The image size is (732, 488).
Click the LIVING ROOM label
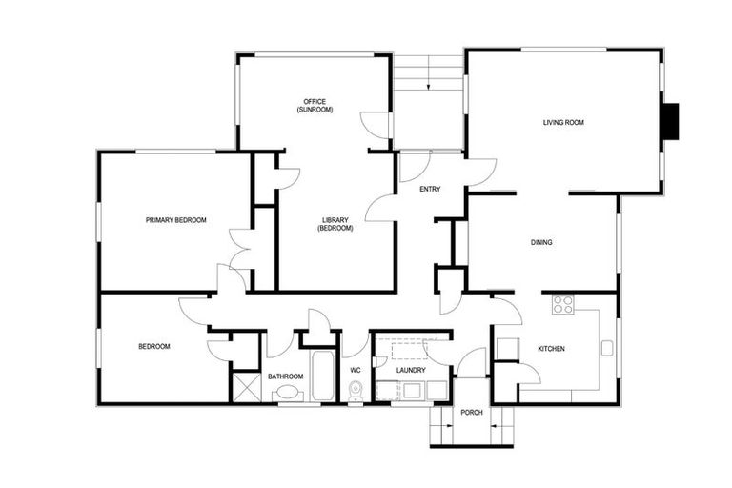click(x=562, y=122)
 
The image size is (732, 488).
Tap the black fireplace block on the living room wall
click(x=672, y=121)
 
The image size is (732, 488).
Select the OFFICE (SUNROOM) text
click(x=314, y=106)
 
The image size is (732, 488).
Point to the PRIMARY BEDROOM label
click(x=175, y=220)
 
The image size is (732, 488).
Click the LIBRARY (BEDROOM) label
click(x=335, y=224)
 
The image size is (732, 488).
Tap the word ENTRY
click(x=430, y=189)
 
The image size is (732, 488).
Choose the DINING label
click(x=541, y=243)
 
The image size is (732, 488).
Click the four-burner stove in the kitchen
click(x=563, y=305)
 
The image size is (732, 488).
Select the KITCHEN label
click(x=551, y=349)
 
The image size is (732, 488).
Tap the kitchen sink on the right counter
click(x=607, y=348)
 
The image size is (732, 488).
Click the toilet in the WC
click(x=356, y=389)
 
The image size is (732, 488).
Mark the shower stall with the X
click(x=245, y=386)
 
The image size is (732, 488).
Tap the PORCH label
click(x=471, y=413)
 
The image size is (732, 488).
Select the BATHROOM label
click(x=284, y=376)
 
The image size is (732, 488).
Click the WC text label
click(x=355, y=370)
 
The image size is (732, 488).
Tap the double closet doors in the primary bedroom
click(x=239, y=250)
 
